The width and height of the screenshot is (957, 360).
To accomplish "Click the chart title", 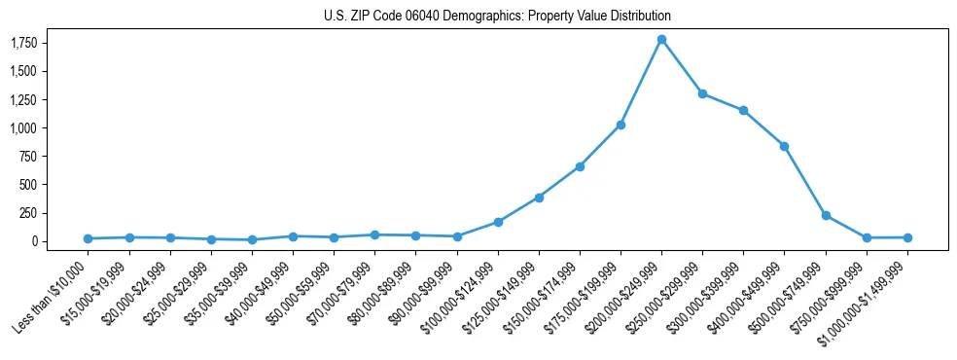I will [x=497, y=17].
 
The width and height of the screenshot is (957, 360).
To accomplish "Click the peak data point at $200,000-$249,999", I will [x=661, y=40].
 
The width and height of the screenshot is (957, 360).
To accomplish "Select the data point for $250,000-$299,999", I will [x=702, y=94].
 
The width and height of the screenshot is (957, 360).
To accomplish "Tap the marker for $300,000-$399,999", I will [x=743, y=111].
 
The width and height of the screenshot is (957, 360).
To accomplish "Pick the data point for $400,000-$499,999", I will [x=784, y=146].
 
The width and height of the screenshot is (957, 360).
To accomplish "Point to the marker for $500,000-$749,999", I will [x=826, y=215].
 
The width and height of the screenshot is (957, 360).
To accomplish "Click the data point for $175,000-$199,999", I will [x=620, y=126].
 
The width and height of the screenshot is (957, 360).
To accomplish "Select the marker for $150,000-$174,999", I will [x=580, y=166].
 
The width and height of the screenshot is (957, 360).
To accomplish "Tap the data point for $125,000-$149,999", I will [x=539, y=198].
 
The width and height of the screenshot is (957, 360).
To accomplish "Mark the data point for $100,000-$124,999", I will [x=498, y=222].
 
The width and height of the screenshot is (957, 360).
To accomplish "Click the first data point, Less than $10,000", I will [x=88, y=238].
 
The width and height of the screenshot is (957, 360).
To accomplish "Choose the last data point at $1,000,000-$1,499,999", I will [x=907, y=237].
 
